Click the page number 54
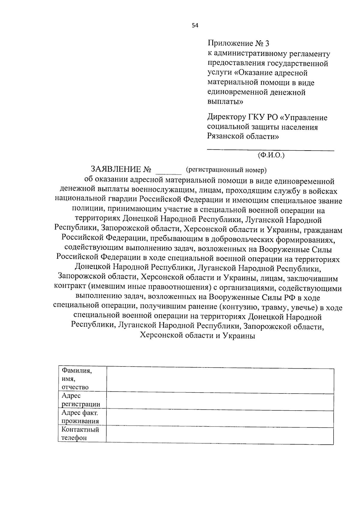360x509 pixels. pos(195,25)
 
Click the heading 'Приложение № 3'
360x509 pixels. pos(238,44)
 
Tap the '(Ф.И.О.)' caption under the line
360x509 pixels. pos(271,155)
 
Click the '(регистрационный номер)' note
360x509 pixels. pos(226,170)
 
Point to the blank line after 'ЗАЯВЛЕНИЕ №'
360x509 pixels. pos(169,173)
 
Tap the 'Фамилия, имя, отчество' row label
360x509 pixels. pos(76,379)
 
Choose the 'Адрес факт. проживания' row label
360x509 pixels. pos(80,417)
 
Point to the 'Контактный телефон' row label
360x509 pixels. pos(80,433)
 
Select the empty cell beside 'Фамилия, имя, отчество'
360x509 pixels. pos(220,380)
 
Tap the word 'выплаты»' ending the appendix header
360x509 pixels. pos(225,102)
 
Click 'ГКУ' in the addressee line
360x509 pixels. pos(256,117)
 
